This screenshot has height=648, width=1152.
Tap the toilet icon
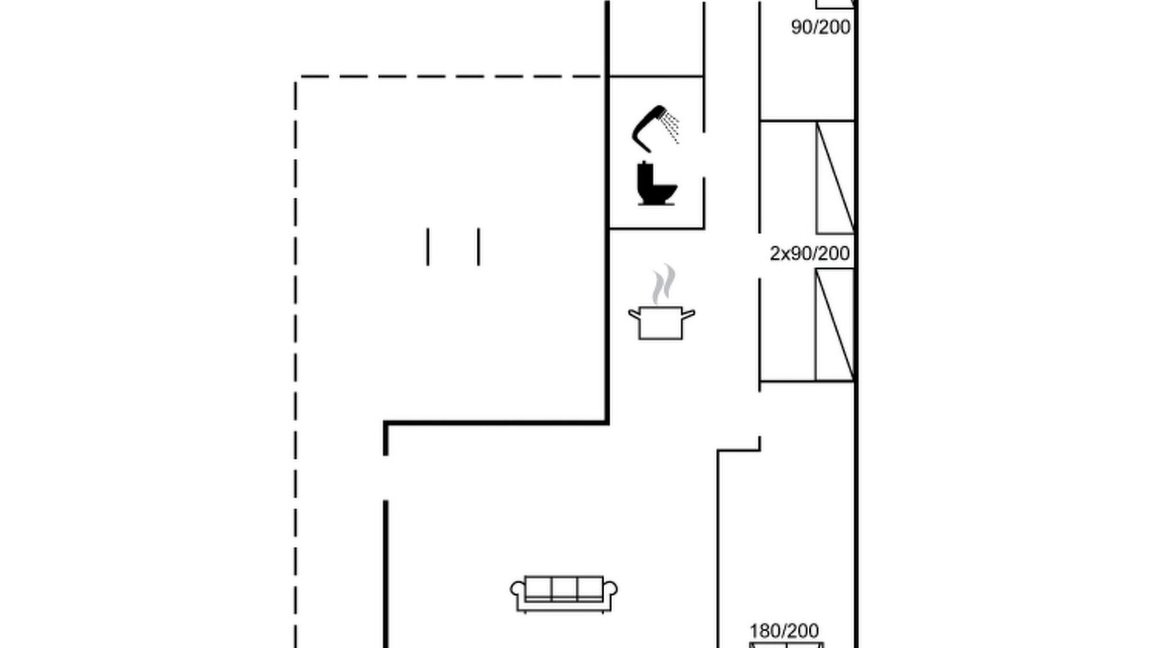click(x=656, y=184)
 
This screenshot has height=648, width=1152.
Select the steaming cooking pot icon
click(x=661, y=302)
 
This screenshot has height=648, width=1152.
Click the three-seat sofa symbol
click(x=564, y=595)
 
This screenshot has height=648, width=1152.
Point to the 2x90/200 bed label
click(x=809, y=254)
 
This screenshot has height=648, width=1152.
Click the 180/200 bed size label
click(x=784, y=631)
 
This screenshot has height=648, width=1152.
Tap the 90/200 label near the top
click(x=821, y=27)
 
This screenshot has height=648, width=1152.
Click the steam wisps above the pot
click(x=663, y=283)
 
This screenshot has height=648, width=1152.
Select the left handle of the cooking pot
click(x=634, y=314)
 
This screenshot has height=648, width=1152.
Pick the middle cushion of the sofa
click(x=564, y=589)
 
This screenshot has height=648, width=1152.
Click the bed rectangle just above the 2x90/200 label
click(x=835, y=177)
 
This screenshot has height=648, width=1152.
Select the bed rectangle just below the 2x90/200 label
click(x=834, y=325)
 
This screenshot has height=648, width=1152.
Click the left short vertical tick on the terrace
click(x=427, y=247)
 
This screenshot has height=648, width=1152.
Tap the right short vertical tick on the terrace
click(x=479, y=247)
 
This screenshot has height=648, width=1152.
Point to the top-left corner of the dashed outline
click(x=296, y=76)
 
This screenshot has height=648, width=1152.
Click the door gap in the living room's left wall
click(x=386, y=478)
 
